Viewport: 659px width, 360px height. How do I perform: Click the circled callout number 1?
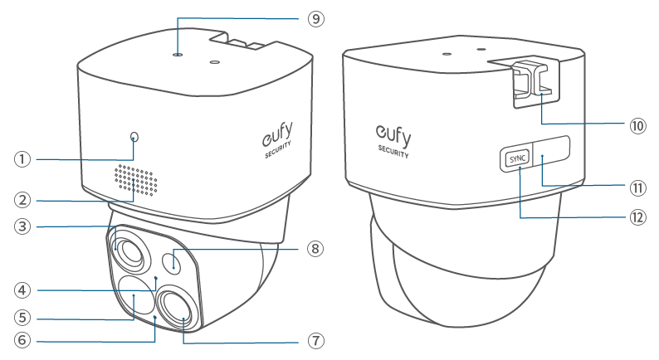click(x=22, y=159)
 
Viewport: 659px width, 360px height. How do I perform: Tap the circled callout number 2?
click(x=22, y=200)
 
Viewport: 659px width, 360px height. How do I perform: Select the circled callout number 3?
click(x=22, y=226)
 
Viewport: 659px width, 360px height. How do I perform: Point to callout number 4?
click(x=22, y=290)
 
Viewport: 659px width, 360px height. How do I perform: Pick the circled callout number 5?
click(x=22, y=318)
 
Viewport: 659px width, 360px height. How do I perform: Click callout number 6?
click(x=22, y=340)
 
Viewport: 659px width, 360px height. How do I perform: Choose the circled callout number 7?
click(x=316, y=341)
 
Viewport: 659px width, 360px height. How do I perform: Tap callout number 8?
click(x=315, y=249)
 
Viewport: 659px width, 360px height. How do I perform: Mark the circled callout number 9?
click(x=316, y=19)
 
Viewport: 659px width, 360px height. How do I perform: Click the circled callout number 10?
click(x=637, y=125)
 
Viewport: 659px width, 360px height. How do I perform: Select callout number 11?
click(x=637, y=187)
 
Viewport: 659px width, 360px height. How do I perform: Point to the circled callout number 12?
click(x=637, y=217)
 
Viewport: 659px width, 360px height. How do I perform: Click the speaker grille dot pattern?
click(x=136, y=180)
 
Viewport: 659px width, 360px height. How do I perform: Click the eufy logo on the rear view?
click(x=393, y=135)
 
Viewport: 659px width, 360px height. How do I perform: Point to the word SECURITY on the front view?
click(x=278, y=149)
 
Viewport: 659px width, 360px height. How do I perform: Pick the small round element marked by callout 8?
click(x=173, y=262)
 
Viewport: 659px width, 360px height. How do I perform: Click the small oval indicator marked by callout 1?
click(x=134, y=137)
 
